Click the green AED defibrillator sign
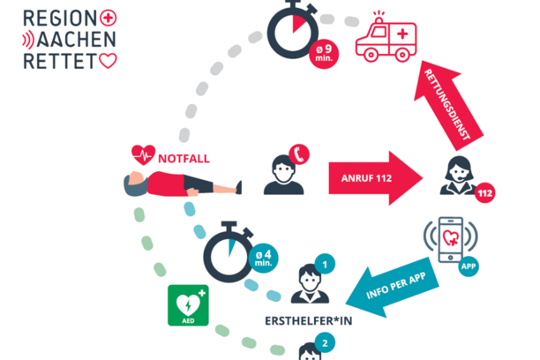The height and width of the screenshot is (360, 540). click(188, 304)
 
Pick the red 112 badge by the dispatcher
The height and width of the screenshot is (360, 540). click(484, 191)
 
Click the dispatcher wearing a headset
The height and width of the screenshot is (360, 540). click(460, 174)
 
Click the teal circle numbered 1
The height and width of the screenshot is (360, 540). click(325, 262)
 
